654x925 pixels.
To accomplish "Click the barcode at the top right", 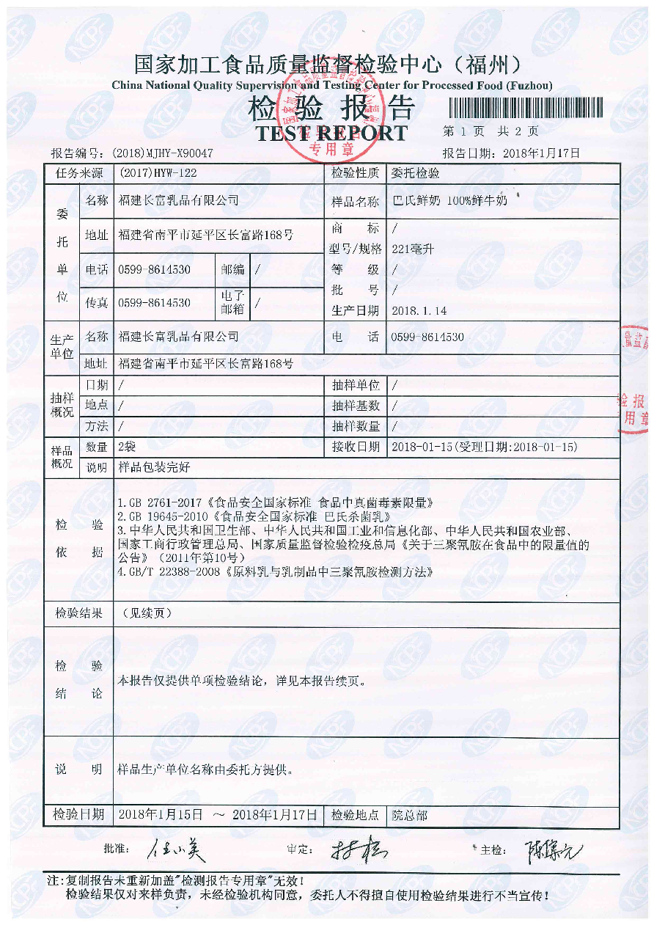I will (x=524, y=109).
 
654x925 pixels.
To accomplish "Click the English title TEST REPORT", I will (x=331, y=134).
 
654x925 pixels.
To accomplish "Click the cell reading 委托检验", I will (x=416, y=173).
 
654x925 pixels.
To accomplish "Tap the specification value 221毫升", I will (x=414, y=249).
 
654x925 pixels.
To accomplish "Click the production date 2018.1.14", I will (x=419, y=310).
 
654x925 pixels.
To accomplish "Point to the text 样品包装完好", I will (x=154, y=467).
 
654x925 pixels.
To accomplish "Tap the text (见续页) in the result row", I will (x=147, y=613).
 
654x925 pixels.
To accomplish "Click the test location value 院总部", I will (x=410, y=815).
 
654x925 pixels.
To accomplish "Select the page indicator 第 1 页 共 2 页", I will (x=491, y=131).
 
